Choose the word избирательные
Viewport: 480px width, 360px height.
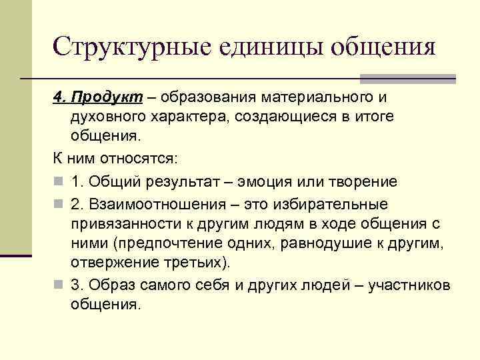pyautogui.click(x=334, y=203)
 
